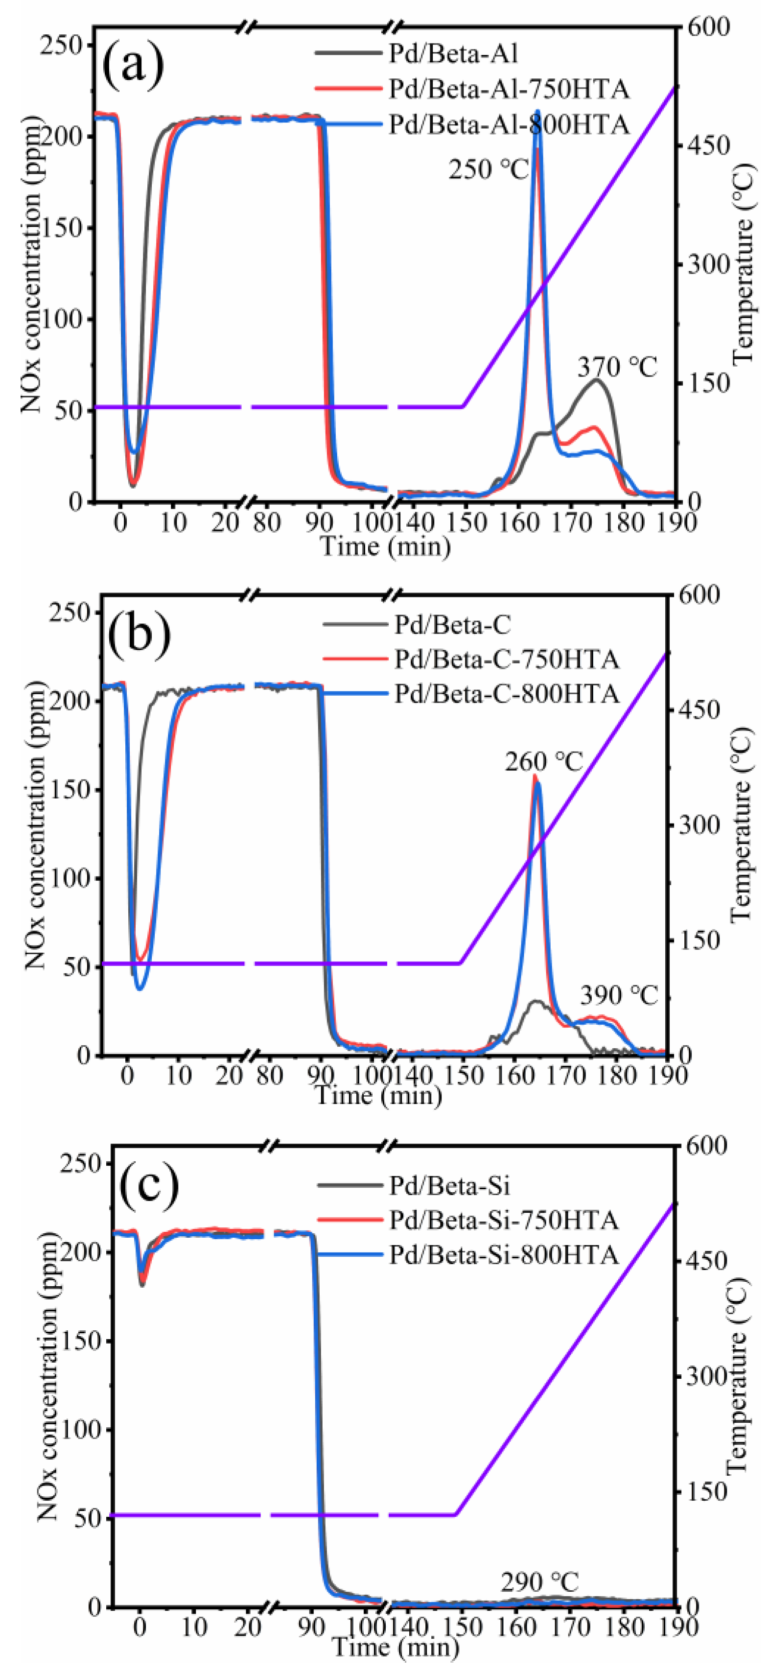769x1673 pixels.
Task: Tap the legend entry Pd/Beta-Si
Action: [x=449, y=1186]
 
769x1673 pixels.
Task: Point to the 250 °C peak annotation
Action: [x=489, y=170]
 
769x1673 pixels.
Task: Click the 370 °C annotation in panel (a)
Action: [x=617, y=368]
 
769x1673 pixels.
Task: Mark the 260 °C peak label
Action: [x=544, y=762]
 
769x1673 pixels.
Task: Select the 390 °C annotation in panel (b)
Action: [x=618, y=995]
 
